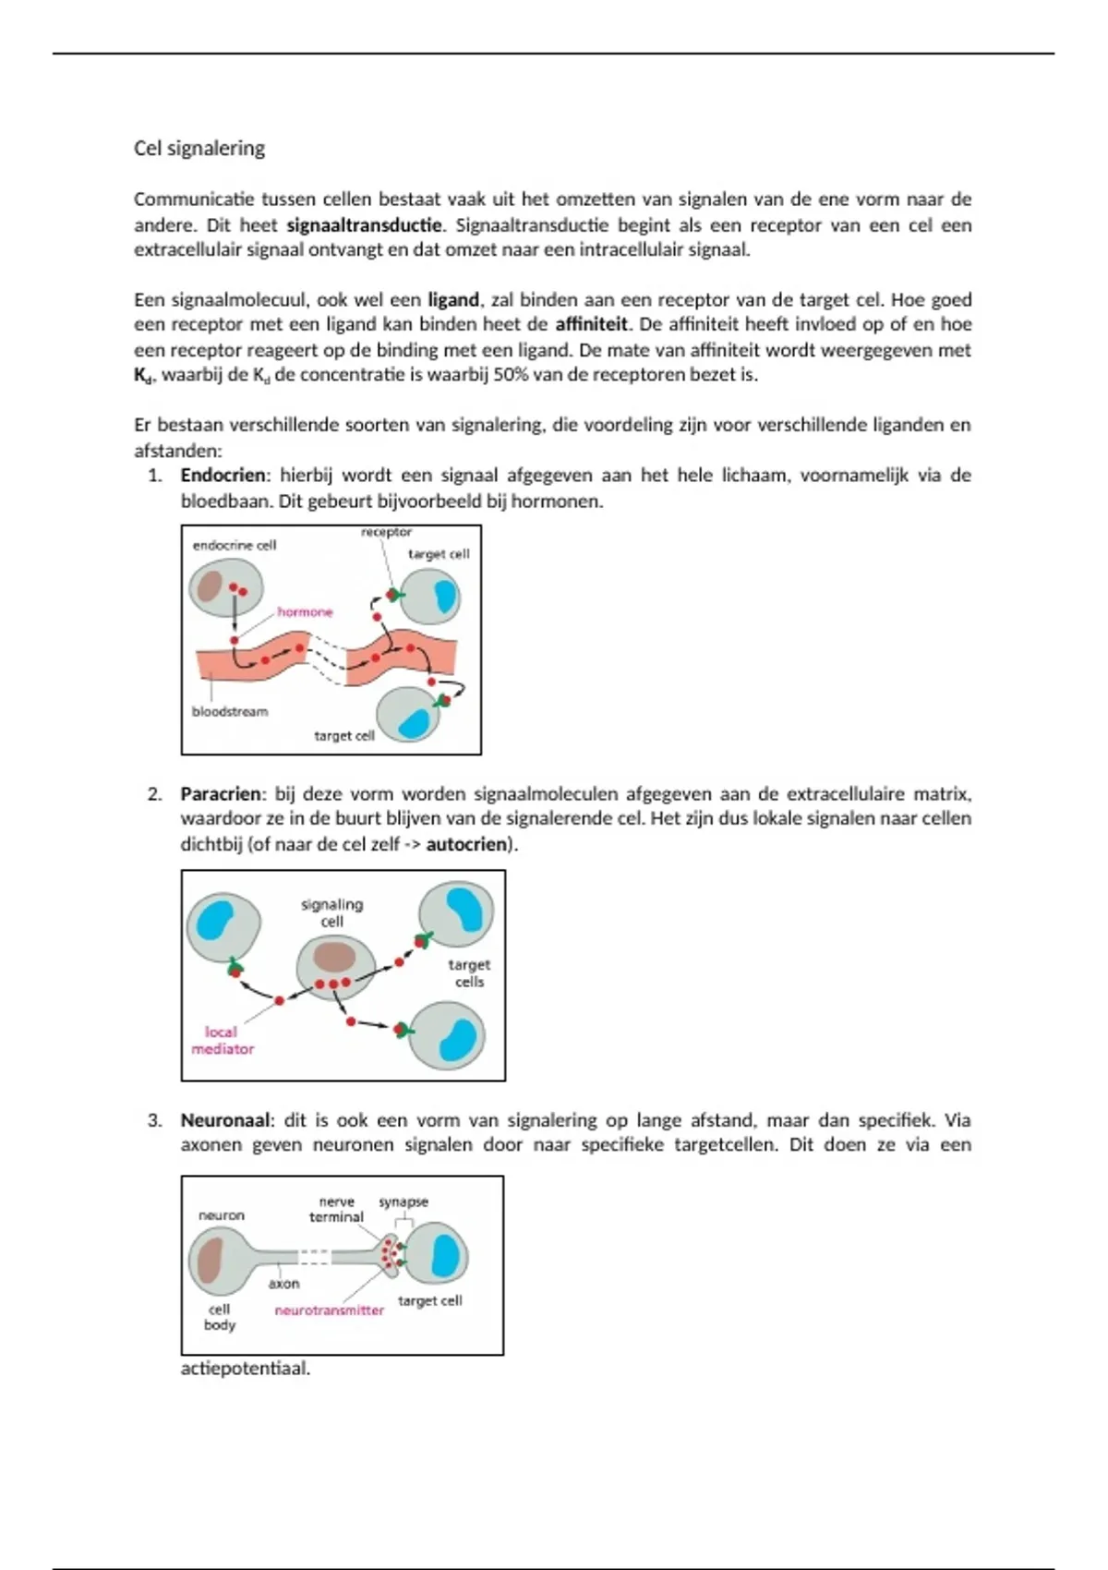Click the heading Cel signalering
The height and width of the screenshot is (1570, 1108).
coord(199,149)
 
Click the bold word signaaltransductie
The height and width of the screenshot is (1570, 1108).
coord(365,225)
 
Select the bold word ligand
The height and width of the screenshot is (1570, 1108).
coord(452,300)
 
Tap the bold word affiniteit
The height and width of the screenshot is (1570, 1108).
coord(591,325)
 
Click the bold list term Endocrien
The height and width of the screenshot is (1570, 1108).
coord(223,476)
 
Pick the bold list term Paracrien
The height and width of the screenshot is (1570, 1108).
coord(221,794)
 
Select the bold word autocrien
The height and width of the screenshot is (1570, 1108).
coord(466,844)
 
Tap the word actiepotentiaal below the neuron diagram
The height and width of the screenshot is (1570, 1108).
coord(245,1369)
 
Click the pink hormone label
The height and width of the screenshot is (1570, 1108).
coord(305,612)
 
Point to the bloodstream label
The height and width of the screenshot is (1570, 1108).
coord(230,712)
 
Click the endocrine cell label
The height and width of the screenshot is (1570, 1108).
coord(235,546)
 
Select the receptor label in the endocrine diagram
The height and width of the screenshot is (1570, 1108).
coord(386,533)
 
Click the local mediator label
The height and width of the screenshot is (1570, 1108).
coord(222,1041)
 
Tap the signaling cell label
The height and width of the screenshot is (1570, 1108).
coord(331,912)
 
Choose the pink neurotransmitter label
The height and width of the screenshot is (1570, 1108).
coord(329,1310)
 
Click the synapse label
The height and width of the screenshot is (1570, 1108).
coord(403,1202)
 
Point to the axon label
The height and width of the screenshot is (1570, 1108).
coord(283,1284)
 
